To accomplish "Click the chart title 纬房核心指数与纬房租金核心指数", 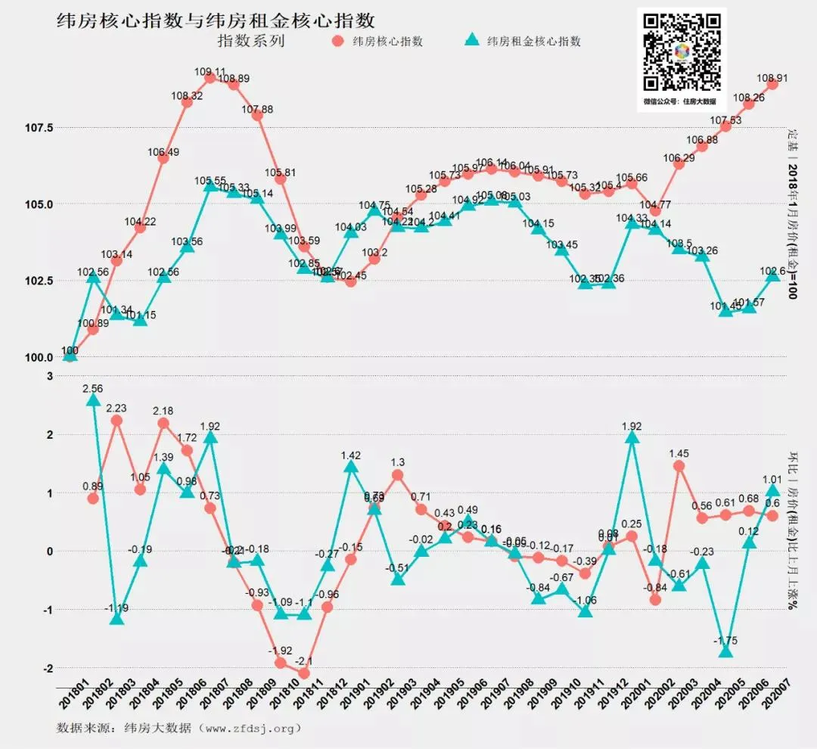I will pos(216,20).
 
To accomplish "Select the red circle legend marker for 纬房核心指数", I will pos(337,41).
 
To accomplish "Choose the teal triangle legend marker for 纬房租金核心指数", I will pos(471,41).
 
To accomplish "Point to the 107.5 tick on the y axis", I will pos(38,128).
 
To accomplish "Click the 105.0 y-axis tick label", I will pos(38,204).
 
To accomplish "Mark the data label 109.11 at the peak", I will pos(210,73).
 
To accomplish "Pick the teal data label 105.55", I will pos(210,182).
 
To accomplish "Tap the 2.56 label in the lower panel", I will pos(92,389).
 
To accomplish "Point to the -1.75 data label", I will pos(725,641).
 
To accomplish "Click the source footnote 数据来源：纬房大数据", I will pos(180,729).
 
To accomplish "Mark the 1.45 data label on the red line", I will pos(678,453).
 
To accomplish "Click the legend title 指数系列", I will pos(250,41).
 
